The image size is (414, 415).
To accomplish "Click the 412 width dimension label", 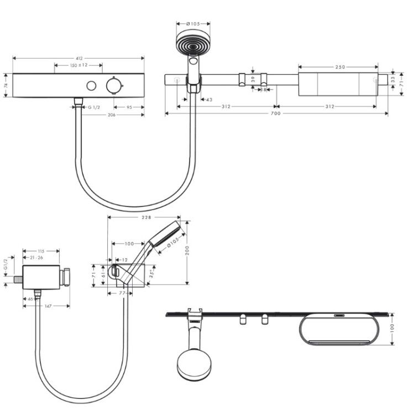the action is pyautogui.click(x=79, y=59).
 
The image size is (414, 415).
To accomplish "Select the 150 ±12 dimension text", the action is pyautogui.click(x=79, y=65).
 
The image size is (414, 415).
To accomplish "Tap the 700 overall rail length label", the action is pyautogui.click(x=275, y=113).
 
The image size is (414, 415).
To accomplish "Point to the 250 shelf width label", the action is pyautogui.click(x=340, y=67).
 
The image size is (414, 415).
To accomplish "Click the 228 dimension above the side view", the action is pyautogui.click(x=146, y=217).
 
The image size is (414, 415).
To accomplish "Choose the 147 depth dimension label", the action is pyautogui.click(x=48, y=306).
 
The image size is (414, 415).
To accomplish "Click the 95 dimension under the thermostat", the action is pyautogui.click(x=129, y=107).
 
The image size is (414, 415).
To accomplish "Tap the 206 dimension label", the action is pyautogui.click(x=112, y=115).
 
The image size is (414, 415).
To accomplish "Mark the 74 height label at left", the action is pyautogui.click(x=6, y=85).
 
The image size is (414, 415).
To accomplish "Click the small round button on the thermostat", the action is pyautogui.click(x=91, y=86).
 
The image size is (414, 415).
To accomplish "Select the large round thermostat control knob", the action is pyautogui.click(x=114, y=85).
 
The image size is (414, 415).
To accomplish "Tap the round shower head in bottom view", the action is pyautogui.click(x=195, y=365).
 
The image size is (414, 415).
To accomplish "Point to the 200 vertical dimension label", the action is pyautogui.click(x=187, y=250).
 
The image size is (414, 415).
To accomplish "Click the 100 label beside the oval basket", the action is pyautogui.click(x=392, y=328).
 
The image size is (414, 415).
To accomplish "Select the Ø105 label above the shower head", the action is pyautogui.click(x=193, y=24).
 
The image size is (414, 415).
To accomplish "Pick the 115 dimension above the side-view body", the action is pyautogui.click(x=41, y=251).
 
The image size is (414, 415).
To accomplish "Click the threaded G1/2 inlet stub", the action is pyautogui.click(x=18, y=279).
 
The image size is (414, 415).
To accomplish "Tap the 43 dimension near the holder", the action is pyautogui.click(x=209, y=100).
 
